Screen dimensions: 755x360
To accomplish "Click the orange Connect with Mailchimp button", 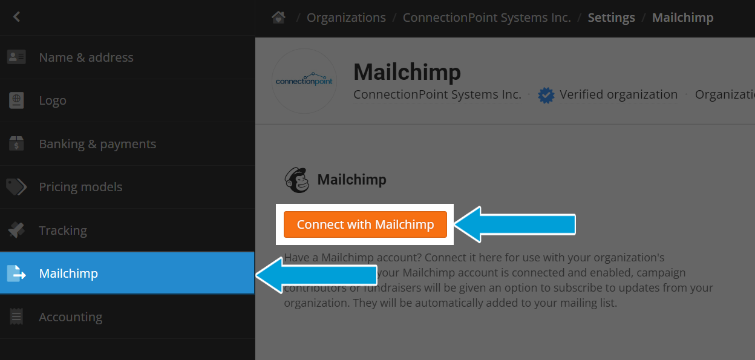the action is pos(365,224).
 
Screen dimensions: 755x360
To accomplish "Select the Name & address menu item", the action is pos(86,57).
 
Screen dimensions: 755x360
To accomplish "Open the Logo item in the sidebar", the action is pos(53,100).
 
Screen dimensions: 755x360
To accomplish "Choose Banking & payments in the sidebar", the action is pos(97,144).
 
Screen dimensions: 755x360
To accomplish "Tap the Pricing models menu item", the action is pos(80,187).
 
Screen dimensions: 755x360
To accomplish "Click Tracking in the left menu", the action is pos(63,231).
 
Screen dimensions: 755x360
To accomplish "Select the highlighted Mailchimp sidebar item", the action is pos(68,273).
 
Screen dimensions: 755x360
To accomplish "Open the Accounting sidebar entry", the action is pos(70,317).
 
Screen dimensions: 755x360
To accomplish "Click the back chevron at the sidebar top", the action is pos(16,17).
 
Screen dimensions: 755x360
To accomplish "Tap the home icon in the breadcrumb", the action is pos(278,18).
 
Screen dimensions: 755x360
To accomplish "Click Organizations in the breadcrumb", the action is pos(346,18).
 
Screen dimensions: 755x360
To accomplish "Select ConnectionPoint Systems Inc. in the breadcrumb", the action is pos(486,18).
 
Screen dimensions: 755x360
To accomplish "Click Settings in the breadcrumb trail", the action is pos(611,18).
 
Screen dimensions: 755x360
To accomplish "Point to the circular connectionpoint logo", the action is pos(304,81).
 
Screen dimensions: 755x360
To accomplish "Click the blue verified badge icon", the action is pos(546,95).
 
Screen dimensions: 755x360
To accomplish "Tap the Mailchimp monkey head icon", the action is pos(297,180).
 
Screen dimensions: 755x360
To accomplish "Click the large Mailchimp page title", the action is pos(407,72).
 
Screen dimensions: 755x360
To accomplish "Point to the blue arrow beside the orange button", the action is pos(514,224).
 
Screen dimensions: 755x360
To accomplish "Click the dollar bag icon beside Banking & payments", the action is pos(16,144).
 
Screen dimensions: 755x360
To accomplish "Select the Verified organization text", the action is pos(618,94).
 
